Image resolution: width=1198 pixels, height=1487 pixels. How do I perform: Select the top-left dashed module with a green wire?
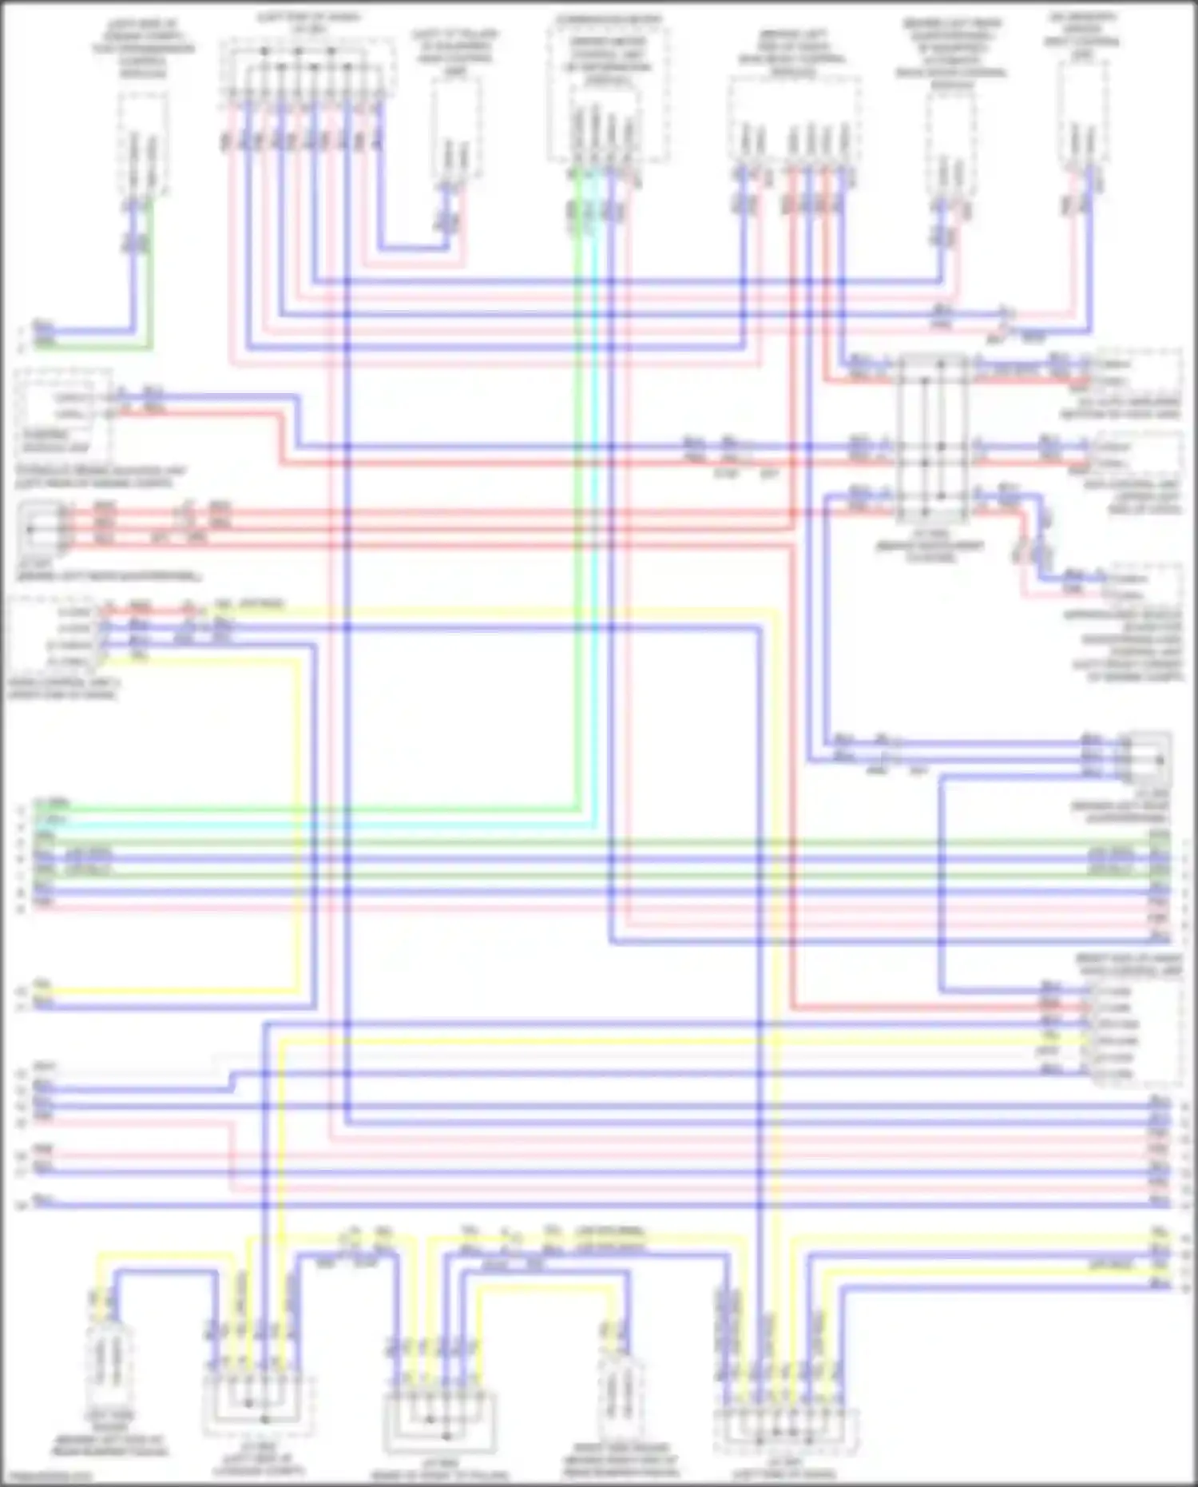[144, 144]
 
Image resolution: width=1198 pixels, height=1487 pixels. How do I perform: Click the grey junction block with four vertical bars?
[932, 439]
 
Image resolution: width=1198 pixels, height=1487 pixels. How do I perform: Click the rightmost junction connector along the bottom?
[786, 1430]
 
